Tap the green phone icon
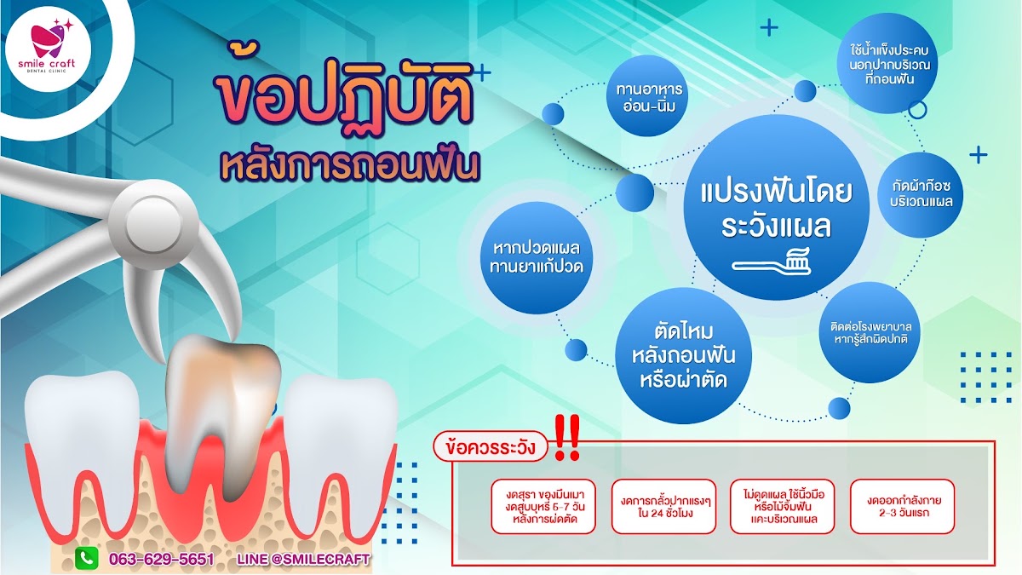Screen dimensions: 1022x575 [x=87, y=558]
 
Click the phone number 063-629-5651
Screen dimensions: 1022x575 [x=162, y=559]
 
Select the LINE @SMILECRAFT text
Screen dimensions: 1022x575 [x=303, y=559]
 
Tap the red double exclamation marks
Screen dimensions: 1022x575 [x=566, y=437]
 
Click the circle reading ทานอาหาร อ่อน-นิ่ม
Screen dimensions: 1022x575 [x=646, y=95]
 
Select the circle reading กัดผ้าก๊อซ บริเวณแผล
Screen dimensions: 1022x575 [x=920, y=195]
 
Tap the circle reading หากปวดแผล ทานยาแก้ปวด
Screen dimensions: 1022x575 [x=537, y=258]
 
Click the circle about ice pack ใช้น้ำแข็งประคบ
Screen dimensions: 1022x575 [x=887, y=63]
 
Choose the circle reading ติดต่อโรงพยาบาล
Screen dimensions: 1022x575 [x=870, y=332]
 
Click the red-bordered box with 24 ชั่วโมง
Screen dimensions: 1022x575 [x=663, y=507]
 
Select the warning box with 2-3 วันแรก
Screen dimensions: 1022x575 [x=903, y=507]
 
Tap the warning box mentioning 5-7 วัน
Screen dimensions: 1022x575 [x=543, y=507]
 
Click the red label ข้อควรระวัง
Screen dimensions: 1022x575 [x=491, y=446]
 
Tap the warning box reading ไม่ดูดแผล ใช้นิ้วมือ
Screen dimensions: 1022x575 [x=783, y=507]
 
